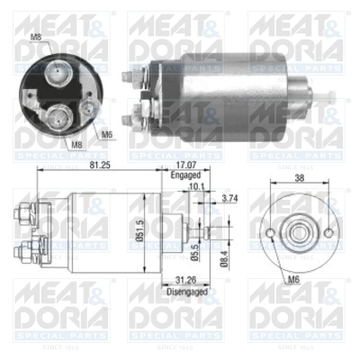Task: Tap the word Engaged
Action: pos(184,177)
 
